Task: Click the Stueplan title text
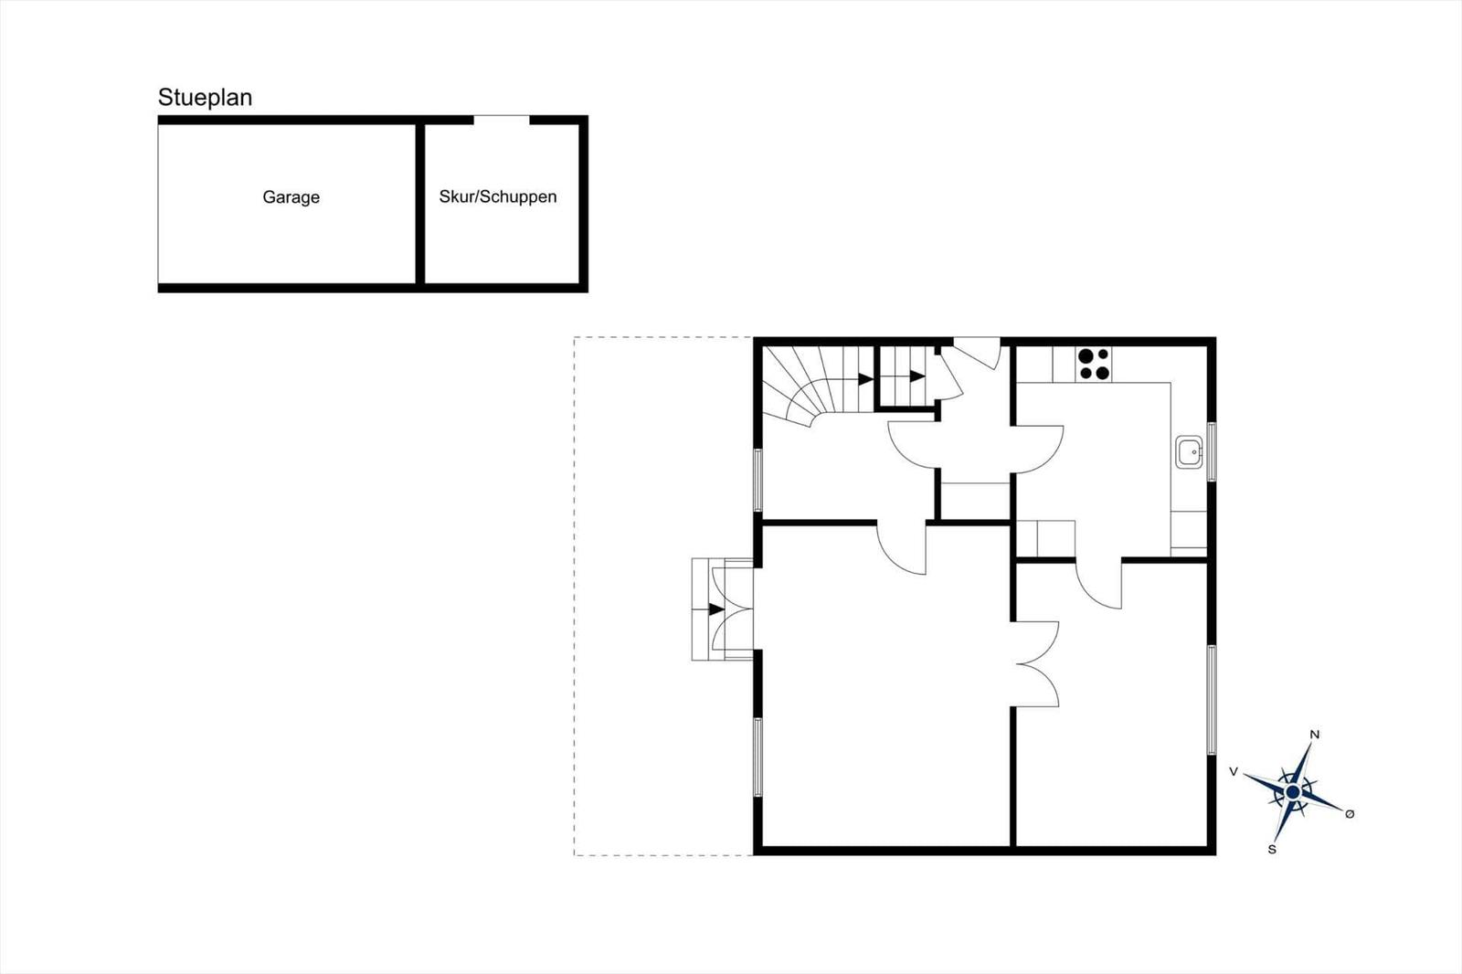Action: coord(205,98)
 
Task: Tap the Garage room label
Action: coord(291,197)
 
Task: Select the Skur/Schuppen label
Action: coord(497,196)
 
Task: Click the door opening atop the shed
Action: coord(502,120)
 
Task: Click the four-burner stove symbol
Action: coord(1094,364)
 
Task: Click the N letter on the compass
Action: coord(1314,734)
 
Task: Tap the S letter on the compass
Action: coord(1271,850)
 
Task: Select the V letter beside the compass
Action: coord(1234,772)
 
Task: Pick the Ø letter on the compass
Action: coord(1350,814)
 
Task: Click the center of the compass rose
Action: coord(1292,791)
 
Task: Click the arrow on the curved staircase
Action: coord(864,379)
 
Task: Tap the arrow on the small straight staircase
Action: coord(916,376)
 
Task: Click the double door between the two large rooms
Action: coord(1035,664)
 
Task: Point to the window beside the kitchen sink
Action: coord(1212,451)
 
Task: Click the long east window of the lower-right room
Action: coord(1212,700)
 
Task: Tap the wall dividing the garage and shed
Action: coord(420,203)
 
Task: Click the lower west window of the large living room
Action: coord(757,757)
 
